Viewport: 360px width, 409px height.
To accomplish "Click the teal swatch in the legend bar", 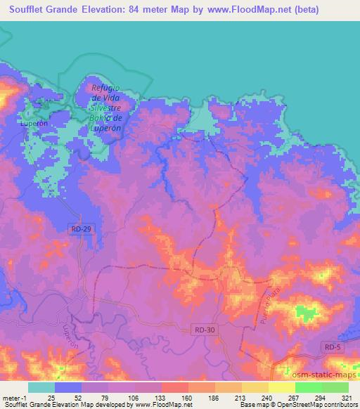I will pos(41,387).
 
